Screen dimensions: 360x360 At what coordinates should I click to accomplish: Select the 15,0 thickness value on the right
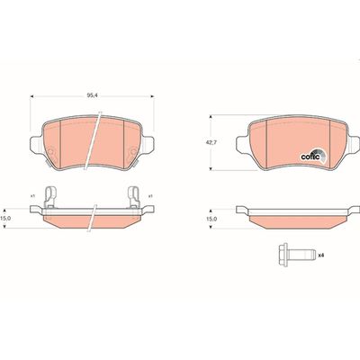(x=213, y=219)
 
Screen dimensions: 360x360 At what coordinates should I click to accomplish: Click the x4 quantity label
(x=320, y=256)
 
